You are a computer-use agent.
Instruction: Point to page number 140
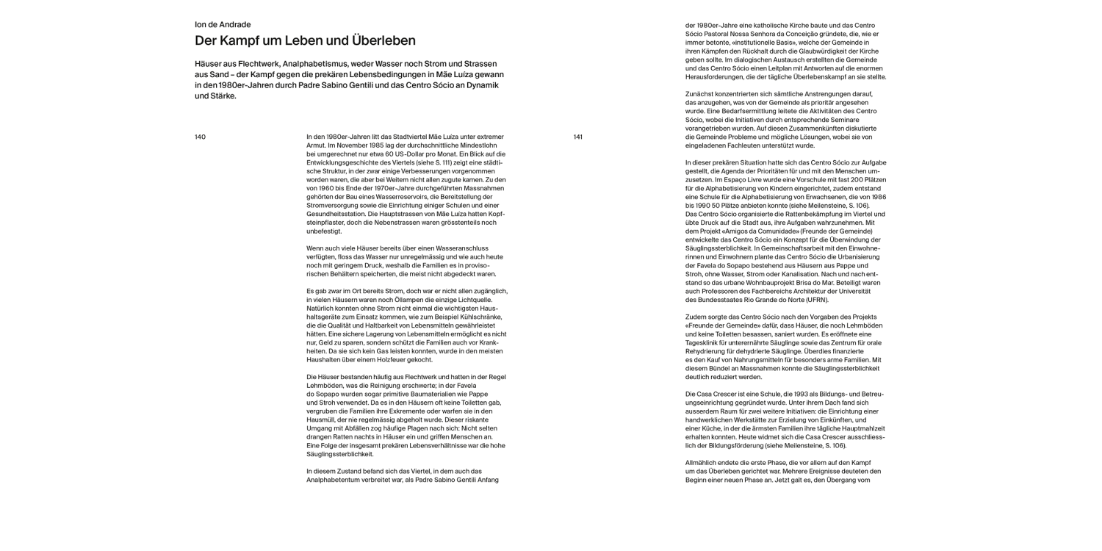pos(200,137)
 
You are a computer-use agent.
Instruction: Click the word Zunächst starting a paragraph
pos(702,94)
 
